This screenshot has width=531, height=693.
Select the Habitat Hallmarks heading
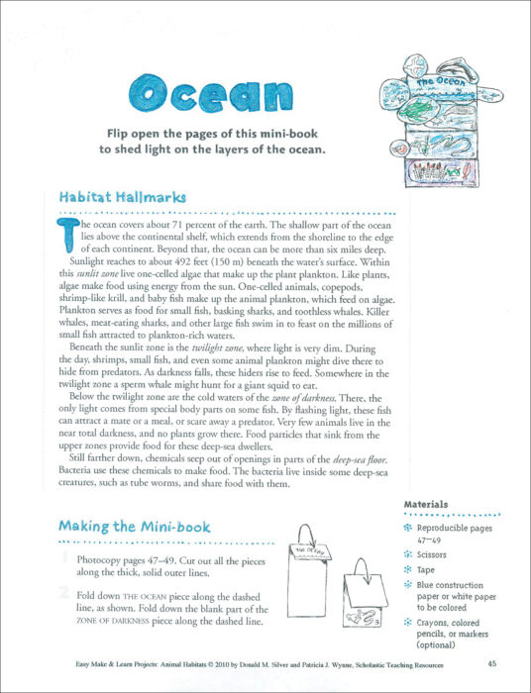[x=122, y=197]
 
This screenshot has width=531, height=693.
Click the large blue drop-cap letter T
[x=67, y=235]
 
